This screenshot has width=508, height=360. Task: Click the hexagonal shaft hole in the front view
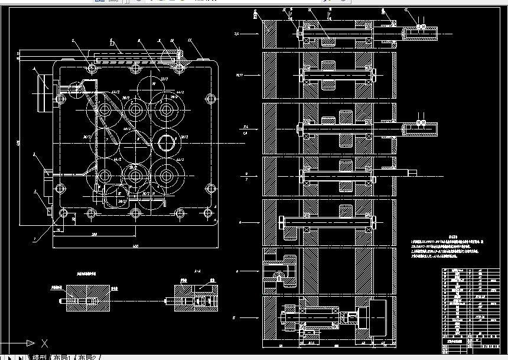pos(166,142)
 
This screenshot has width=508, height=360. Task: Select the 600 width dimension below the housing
pos(135,246)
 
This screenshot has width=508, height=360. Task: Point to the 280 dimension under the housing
pos(94,234)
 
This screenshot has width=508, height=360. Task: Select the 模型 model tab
pos(40,357)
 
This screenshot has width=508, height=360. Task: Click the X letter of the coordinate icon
pos(45,343)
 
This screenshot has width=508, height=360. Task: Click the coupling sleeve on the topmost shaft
pos(419,33)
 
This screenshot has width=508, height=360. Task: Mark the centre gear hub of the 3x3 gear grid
pos(135,142)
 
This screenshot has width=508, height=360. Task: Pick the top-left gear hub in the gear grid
pos(106,110)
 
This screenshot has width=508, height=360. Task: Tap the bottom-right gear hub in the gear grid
pos(166,175)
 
